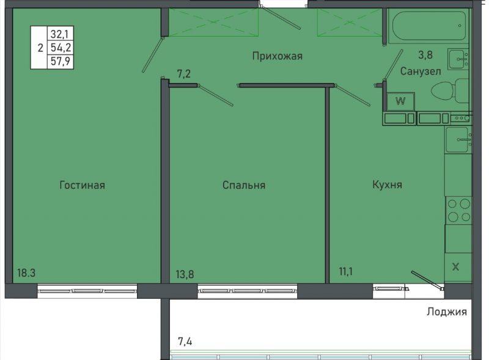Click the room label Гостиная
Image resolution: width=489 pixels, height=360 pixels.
click(83, 185)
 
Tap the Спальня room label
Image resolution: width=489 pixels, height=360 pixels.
click(244, 185)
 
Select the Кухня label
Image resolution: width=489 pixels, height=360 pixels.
click(388, 185)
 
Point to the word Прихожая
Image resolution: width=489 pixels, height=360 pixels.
click(278, 56)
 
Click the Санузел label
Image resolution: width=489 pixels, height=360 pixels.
click(421, 72)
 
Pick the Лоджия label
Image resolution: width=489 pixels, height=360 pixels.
click(447, 312)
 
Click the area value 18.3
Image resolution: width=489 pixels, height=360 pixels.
click(26, 273)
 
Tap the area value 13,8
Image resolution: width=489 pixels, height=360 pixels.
click(185, 274)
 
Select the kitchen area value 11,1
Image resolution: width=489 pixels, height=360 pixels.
click(345, 272)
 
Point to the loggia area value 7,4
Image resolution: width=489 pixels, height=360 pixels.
click(185, 342)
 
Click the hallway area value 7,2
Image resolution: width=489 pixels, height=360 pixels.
click(184, 74)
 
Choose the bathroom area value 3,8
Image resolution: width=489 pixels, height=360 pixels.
click(425, 55)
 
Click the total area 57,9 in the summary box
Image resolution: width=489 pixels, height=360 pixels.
click(61, 61)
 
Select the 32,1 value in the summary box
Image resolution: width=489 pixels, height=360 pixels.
click(60, 34)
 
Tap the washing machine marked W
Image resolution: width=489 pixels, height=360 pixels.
click(400, 101)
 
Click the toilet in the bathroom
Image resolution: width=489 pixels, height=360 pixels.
click(450, 91)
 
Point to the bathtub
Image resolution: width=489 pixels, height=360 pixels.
click(430, 26)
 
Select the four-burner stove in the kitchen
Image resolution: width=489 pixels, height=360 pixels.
click(458, 210)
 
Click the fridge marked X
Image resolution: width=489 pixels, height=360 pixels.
click(456, 267)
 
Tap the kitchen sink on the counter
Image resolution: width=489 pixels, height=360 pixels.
click(458, 140)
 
